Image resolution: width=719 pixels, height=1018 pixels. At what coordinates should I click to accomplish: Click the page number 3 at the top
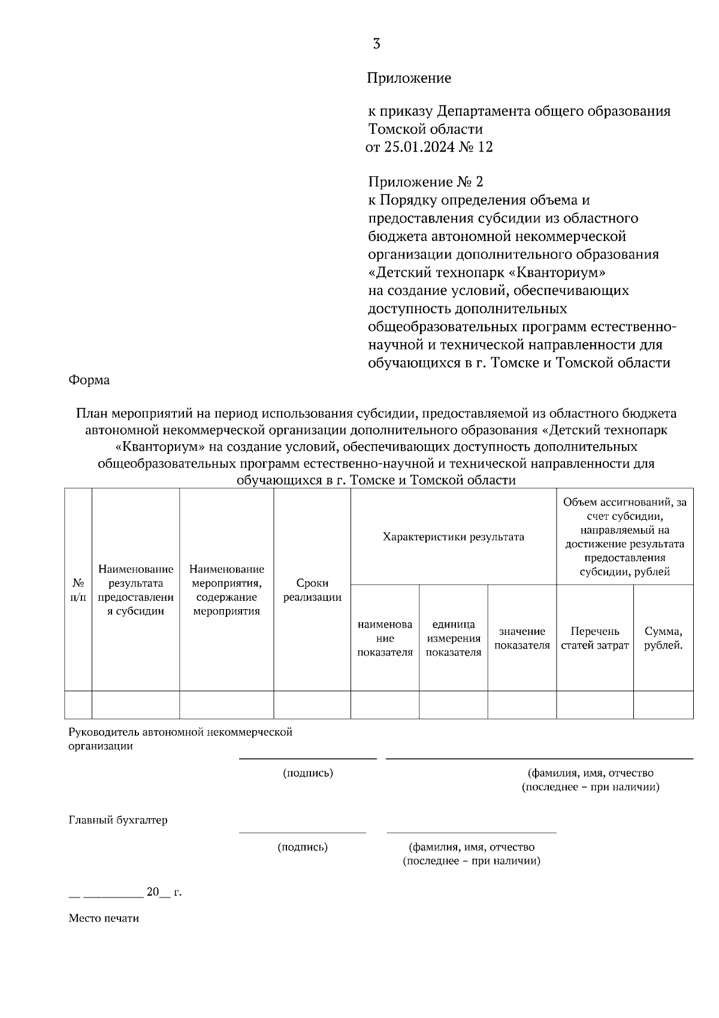(x=376, y=44)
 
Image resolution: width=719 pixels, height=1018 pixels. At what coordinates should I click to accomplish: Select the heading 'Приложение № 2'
(x=425, y=182)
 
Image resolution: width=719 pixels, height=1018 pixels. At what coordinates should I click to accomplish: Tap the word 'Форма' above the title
(x=89, y=380)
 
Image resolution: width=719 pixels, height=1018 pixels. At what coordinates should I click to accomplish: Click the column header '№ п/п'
(x=78, y=590)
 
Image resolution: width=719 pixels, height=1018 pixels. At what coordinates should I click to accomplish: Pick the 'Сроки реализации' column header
(x=312, y=590)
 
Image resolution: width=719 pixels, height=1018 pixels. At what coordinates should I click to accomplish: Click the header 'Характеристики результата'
(x=453, y=537)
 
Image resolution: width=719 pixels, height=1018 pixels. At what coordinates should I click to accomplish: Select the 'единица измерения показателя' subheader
(x=453, y=638)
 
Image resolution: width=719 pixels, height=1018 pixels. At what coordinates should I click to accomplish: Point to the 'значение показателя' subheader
(x=522, y=638)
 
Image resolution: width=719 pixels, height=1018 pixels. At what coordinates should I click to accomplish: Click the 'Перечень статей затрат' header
(x=594, y=638)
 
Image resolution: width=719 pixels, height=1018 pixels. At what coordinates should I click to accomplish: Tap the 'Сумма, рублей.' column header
(x=663, y=638)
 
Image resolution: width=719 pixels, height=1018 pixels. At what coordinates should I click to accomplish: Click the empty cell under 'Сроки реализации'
(x=312, y=704)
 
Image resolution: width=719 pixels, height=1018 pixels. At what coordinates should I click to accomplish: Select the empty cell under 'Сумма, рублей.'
(x=663, y=704)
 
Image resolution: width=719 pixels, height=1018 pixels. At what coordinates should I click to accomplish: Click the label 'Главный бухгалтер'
(x=118, y=820)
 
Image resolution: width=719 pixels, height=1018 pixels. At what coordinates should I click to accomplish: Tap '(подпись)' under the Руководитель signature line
(x=308, y=773)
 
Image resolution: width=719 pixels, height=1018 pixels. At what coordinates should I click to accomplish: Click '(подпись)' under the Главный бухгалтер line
(x=303, y=847)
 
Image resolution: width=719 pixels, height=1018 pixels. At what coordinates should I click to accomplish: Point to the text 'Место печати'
(x=104, y=918)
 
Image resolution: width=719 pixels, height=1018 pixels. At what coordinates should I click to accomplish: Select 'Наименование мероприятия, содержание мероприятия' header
(x=226, y=590)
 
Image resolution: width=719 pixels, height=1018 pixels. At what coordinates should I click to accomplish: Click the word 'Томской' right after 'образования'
(x=393, y=129)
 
